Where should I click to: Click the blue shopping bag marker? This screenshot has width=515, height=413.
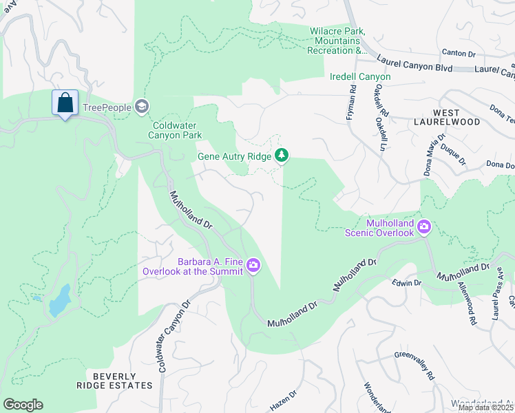pos(65,103)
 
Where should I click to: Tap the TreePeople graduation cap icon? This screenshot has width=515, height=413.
pos(142,106)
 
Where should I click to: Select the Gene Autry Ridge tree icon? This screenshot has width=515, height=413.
pos(281,156)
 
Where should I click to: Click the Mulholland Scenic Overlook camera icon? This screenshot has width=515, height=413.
pos(424,226)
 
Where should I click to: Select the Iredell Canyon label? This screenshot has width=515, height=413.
pos(360,76)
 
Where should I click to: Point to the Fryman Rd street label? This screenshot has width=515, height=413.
pos(350,103)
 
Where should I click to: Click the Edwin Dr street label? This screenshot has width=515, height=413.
pos(406,283)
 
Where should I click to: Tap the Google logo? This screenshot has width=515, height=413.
pos(23,405)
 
